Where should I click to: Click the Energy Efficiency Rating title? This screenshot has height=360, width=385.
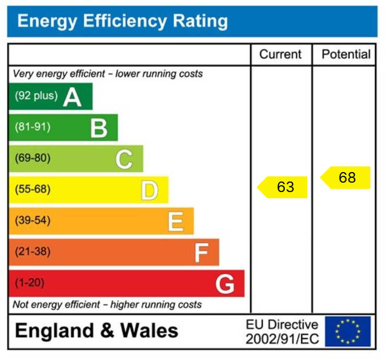tap(123, 21)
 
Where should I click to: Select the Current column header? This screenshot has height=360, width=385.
tap(281, 54)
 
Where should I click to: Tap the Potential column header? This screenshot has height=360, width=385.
tap(346, 54)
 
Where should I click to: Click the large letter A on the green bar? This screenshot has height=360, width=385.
tap(73, 97)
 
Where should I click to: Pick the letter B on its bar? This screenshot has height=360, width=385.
tap(99, 128)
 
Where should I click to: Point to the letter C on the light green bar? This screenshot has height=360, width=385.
tap(124, 160)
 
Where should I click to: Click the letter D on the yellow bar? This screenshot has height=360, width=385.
tap(149, 191)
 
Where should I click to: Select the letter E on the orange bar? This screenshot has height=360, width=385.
tap(176, 222)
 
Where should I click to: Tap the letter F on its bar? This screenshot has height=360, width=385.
tap(201, 254)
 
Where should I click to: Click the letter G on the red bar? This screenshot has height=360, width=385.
tap(225, 284)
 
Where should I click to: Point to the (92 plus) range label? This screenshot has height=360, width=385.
tap(36, 96)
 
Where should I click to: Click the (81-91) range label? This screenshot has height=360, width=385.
tap(32, 127)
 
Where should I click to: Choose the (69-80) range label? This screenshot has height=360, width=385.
tap(32, 158)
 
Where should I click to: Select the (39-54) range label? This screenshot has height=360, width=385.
tap(32, 221)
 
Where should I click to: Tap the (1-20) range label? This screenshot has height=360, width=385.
tap(30, 283)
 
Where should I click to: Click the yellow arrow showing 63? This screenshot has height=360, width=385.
tap(283, 187)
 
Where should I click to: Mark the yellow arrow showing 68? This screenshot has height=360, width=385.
tap(345, 177)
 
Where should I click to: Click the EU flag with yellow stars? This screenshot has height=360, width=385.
tap(347, 331)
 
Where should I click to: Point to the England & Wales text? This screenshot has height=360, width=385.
tap(97, 331)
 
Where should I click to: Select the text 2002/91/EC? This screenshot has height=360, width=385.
tap(282, 339)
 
